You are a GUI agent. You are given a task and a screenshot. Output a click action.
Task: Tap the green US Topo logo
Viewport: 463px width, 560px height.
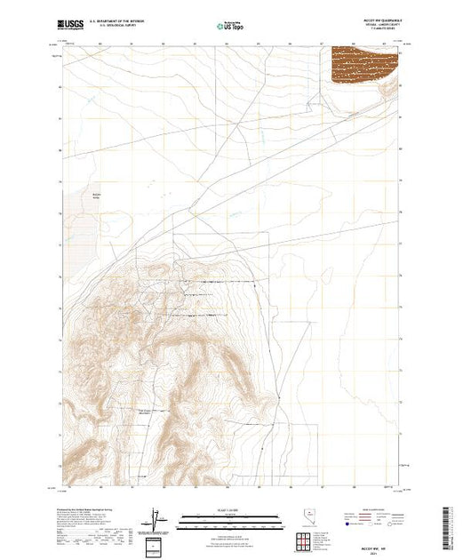point(230,27)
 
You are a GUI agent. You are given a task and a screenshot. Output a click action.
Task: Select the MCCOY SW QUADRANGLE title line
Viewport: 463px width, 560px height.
point(382,21)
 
